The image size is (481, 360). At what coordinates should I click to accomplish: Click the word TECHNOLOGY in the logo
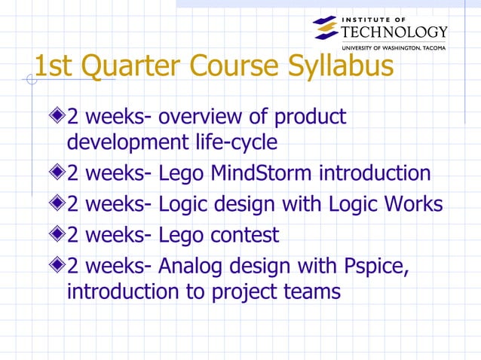[x=394, y=31]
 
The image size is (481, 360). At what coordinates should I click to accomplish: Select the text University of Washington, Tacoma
[x=394, y=47]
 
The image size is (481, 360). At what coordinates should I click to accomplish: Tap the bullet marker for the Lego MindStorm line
[x=58, y=173]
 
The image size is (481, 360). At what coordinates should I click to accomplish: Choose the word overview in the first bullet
[x=205, y=117]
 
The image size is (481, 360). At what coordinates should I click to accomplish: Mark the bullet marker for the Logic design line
[x=58, y=204]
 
